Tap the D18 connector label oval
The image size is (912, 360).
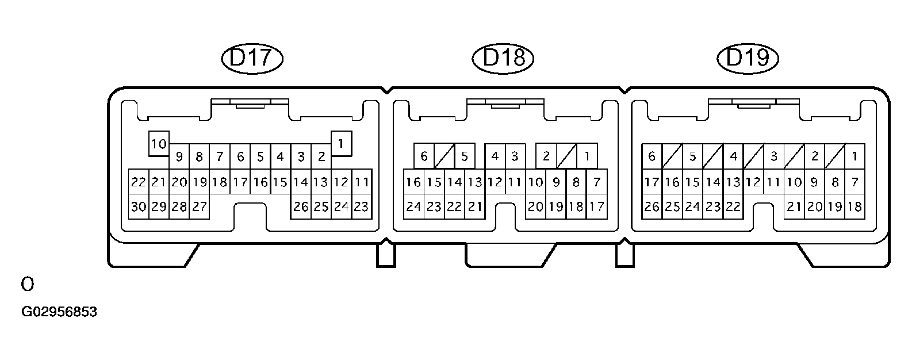[503, 58]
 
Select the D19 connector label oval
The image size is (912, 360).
[748, 58]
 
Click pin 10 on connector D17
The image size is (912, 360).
[159, 144]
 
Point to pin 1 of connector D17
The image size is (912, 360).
[342, 144]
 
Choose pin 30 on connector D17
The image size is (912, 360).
[138, 206]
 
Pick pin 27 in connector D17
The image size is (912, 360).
[199, 206]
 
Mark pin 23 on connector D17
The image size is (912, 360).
[361, 206]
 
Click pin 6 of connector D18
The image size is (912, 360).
[424, 156]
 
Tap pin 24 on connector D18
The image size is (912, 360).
[413, 206]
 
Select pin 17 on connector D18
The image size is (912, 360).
[596, 206]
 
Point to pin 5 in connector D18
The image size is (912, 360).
[465, 156]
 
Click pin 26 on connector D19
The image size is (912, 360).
[652, 206]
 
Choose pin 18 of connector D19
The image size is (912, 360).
[854, 206]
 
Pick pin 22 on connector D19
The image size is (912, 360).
[733, 206]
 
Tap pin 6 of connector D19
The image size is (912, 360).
[652, 156]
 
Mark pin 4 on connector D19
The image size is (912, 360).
[733, 156]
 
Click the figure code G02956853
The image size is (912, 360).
[59, 312]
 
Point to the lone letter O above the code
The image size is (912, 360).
[27, 284]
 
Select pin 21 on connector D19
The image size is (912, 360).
[794, 206]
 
